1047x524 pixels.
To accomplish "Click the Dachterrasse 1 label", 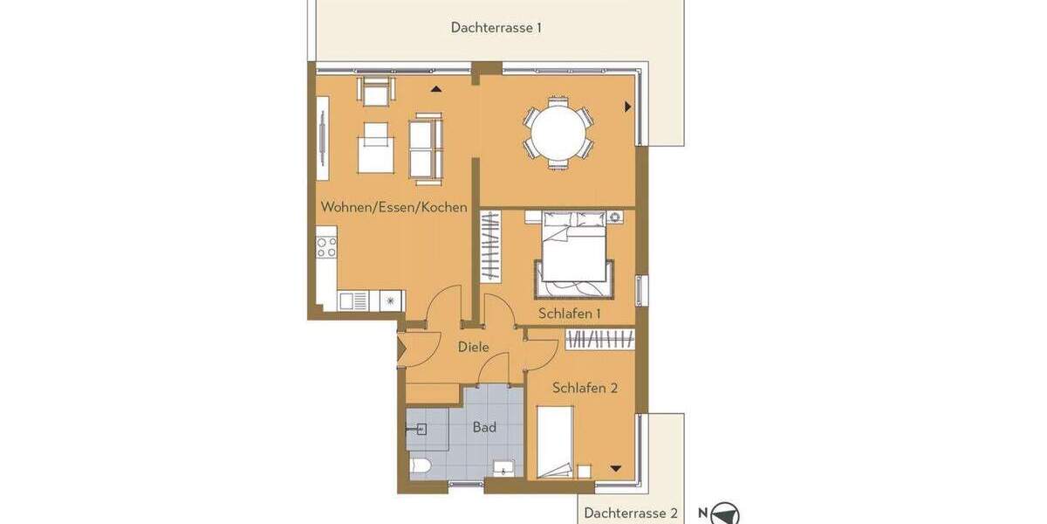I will click(x=496, y=27).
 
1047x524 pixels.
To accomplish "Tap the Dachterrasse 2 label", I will click(x=631, y=513).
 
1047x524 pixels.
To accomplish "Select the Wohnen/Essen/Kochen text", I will click(x=393, y=208).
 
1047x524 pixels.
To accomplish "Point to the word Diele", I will click(x=473, y=348).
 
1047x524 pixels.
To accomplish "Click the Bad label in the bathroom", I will click(x=484, y=427).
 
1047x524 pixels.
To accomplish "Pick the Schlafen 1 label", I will click(x=569, y=314).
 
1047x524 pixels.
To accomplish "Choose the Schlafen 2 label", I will click(x=585, y=388).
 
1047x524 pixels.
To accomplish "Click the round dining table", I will click(x=558, y=133).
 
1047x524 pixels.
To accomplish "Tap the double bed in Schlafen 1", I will click(x=574, y=254).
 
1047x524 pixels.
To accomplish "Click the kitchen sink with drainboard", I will click(x=353, y=300).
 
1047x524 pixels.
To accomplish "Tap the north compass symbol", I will click(x=725, y=514).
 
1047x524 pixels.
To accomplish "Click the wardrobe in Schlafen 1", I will click(x=492, y=247).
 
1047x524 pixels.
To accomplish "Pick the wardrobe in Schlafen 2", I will click(x=600, y=338).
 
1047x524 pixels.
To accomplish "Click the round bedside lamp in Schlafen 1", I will click(x=615, y=217).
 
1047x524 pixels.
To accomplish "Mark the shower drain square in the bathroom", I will click(x=421, y=429).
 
